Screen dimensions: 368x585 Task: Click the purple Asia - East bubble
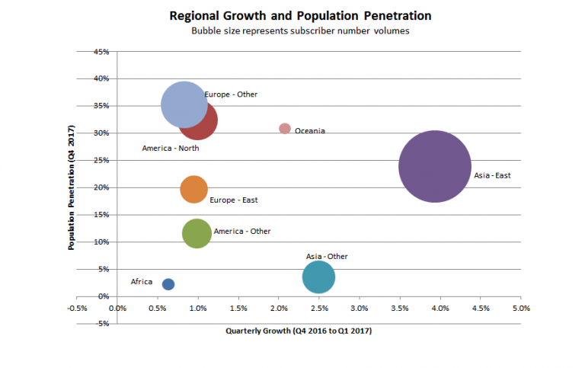click(x=435, y=166)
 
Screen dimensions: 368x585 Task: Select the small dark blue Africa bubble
click(x=168, y=284)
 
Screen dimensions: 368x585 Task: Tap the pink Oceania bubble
click(x=285, y=129)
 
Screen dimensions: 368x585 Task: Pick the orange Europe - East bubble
click(x=194, y=189)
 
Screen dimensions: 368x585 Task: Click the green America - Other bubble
click(x=197, y=232)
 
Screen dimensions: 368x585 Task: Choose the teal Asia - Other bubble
click(x=318, y=277)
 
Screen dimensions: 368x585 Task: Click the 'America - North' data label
click(x=171, y=148)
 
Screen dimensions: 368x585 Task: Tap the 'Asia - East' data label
click(x=492, y=176)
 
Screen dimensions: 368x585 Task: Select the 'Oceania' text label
click(x=309, y=131)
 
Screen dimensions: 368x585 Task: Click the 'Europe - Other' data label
click(x=231, y=94)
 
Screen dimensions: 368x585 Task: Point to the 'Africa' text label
click(x=142, y=282)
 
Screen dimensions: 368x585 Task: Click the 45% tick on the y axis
click(x=102, y=52)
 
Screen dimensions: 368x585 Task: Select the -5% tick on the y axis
click(x=104, y=323)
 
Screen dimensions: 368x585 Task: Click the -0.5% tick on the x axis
click(x=77, y=309)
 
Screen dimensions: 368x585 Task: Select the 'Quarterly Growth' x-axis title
click(x=299, y=331)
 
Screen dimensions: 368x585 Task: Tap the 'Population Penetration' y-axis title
click(x=70, y=188)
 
